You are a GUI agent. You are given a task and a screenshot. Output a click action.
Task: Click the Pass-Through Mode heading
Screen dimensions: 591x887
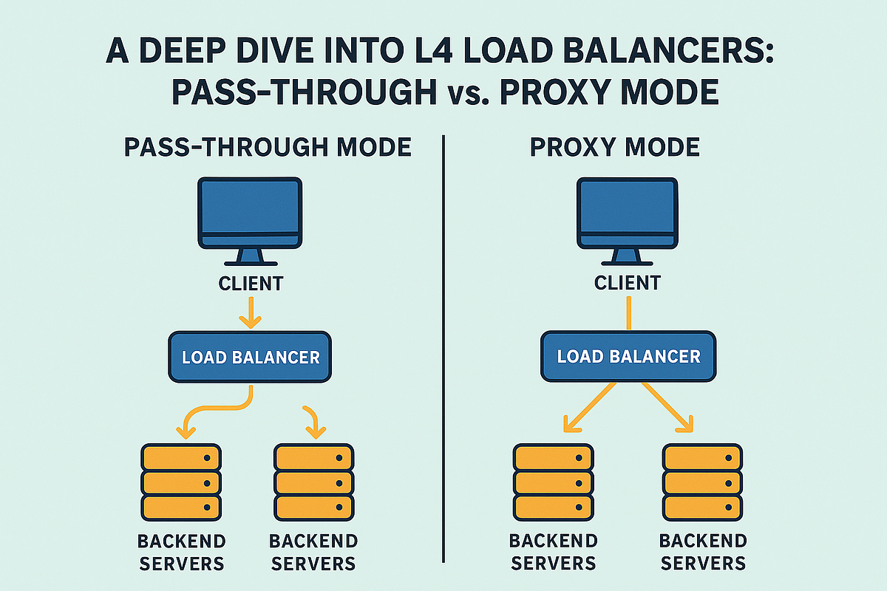tap(268, 147)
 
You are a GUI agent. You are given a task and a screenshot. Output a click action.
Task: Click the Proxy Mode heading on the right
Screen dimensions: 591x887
tap(614, 147)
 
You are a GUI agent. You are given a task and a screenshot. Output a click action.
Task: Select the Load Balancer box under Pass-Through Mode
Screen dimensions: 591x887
tap(251, 358)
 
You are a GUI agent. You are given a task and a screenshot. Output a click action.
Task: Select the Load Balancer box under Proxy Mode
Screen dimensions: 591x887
tap(628, 356)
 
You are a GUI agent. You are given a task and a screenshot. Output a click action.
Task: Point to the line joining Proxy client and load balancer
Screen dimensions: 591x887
tap(628, 313)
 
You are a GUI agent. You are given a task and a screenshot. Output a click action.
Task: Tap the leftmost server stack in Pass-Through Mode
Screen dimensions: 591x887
tap(181, 482)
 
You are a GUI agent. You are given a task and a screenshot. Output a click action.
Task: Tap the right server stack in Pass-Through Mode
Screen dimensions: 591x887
tap(313, 482)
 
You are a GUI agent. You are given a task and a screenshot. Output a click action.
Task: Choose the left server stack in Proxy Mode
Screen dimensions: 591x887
tap(553, 482)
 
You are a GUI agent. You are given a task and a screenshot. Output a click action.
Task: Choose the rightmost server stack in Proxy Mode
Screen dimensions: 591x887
tap(702, 482)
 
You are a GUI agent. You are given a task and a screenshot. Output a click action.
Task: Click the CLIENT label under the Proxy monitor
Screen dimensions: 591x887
tap(628, 282)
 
